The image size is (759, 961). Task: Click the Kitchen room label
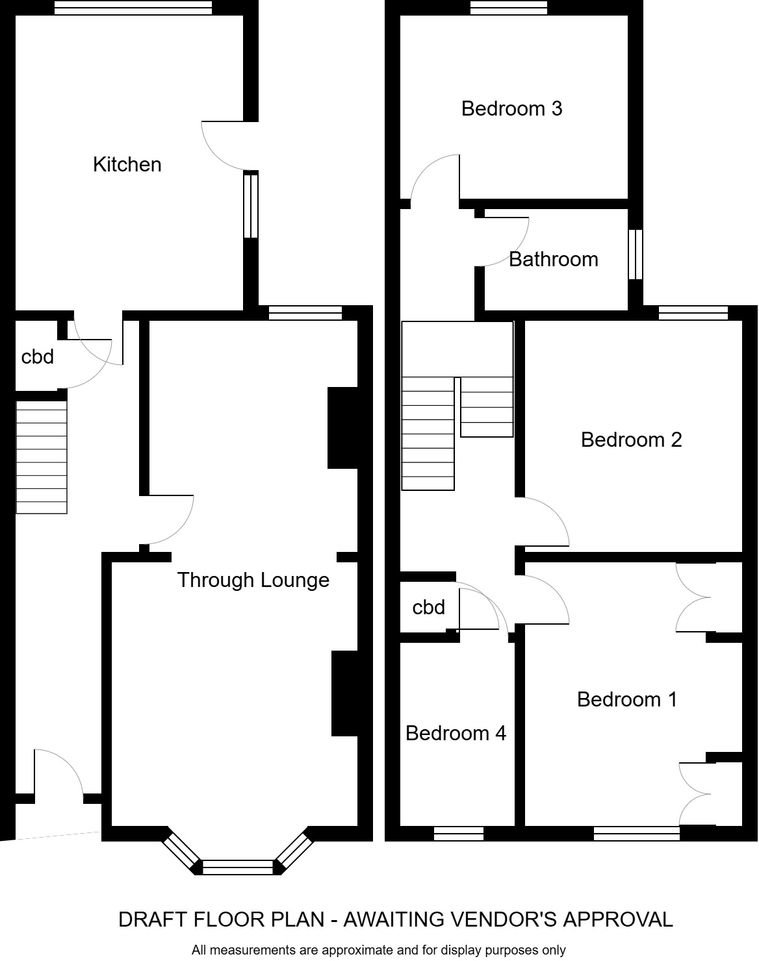point(127,164)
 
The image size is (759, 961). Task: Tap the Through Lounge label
point(253,580)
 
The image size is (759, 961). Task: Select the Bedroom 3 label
point(511,108)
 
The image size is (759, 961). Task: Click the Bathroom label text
point(553,259)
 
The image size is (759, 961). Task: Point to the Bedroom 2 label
point(631,440)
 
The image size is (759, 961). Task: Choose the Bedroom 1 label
point(627,699)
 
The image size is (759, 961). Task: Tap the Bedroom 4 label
point(456,733)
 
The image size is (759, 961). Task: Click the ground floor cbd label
point(38,356)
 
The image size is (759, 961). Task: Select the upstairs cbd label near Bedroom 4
point(429,607)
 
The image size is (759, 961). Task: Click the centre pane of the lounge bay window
point(238,867)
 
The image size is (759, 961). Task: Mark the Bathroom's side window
point(636,254)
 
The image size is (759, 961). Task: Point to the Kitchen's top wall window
point(133,8)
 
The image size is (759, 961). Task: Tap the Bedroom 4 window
point(459,834)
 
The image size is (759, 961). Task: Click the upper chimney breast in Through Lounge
point(342,428)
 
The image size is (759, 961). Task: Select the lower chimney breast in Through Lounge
point(345,693)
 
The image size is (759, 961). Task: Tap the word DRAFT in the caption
point(148,919)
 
